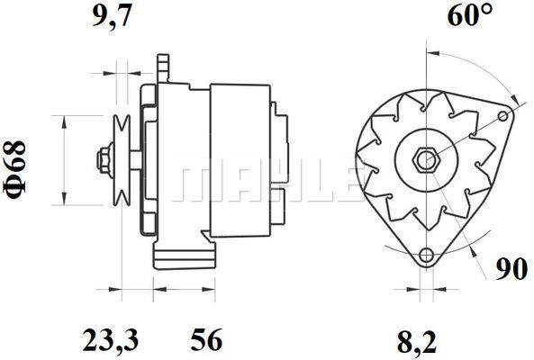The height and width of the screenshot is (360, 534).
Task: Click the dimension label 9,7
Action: pos(112,15)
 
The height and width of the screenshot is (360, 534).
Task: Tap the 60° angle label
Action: pos(470,15)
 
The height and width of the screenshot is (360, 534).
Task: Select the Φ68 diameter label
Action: pos(14,169)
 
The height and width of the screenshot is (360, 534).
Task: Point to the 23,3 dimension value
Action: pos(111,339)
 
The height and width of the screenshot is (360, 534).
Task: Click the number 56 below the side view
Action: pos(206,339)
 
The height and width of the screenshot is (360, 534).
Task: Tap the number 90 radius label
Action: pos(511,269)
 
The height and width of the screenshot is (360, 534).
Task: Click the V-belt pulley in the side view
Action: pos(122,160)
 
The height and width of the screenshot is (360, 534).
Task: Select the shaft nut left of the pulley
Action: pos(105,160)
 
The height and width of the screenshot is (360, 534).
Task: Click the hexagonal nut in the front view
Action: pos(426,160)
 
